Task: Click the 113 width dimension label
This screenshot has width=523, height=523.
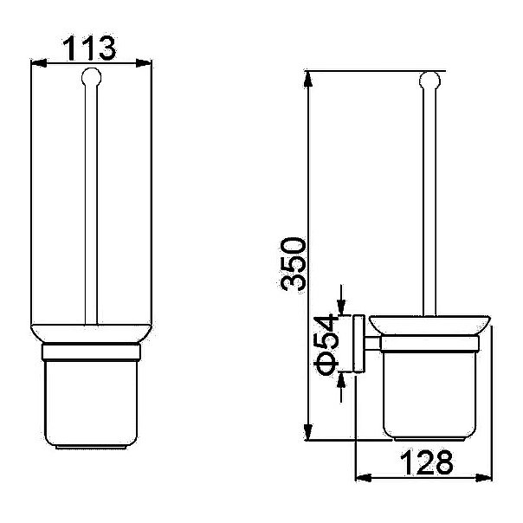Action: pos(89,48)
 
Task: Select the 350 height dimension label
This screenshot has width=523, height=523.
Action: pos(293,263)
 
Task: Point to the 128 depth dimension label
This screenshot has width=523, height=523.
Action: pos(426,462)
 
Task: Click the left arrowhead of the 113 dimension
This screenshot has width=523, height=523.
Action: pos(38,62)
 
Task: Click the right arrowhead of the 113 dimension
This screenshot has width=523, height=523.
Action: pos(144,62)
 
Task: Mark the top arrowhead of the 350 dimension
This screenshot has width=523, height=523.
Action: pos(308,79)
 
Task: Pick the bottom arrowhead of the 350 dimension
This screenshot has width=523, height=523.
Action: pos(308,433)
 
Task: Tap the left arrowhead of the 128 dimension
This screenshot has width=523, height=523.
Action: pos(364,478)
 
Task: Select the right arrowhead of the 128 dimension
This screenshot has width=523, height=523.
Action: pos(484,478)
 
